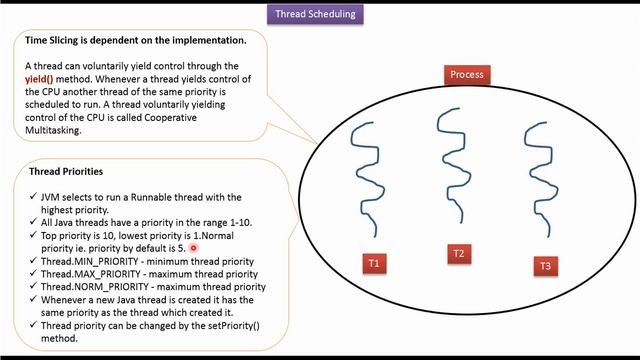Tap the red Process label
coord(467,74)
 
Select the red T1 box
coord(374,263)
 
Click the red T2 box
coord(458,254)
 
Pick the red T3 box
coord(545,265)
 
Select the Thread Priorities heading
coord(64,171)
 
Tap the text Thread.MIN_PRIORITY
coord(90,261)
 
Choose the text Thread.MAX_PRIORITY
coord(92,274)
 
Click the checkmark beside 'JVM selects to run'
coord(34,197)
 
